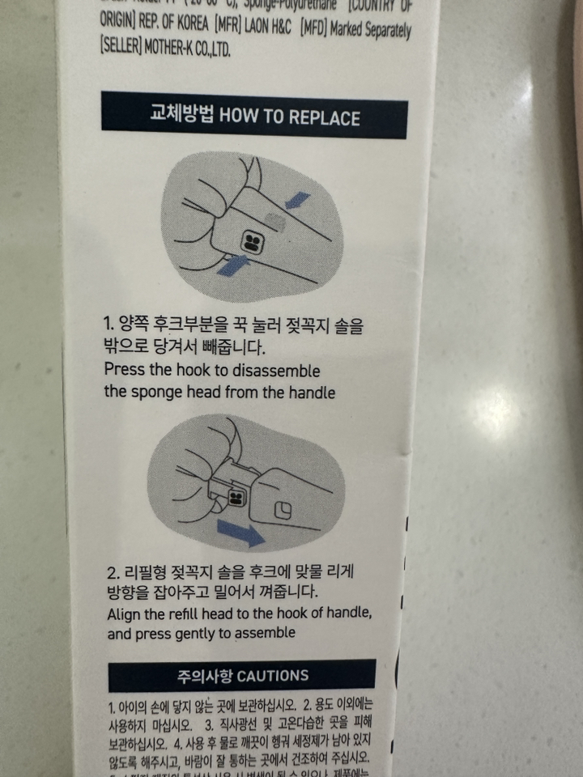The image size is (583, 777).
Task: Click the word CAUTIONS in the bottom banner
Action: point(273,675)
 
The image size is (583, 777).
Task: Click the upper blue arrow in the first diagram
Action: point(297,199)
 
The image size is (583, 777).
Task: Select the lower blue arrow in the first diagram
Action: point(232,264)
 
